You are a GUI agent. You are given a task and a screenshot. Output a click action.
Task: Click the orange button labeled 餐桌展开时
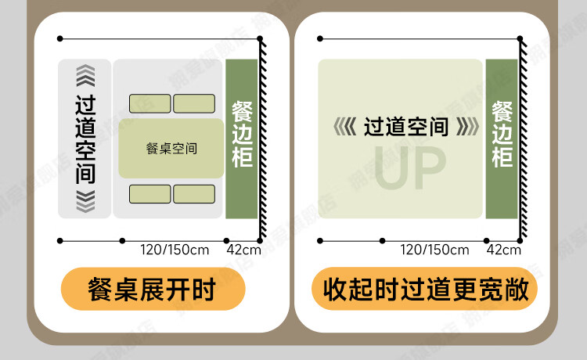click(x=153, y=290)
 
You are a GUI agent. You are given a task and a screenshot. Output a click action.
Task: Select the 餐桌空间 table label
click(x=171, y=149)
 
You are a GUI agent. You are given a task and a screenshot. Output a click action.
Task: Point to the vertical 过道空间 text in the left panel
click(x=85, y=139)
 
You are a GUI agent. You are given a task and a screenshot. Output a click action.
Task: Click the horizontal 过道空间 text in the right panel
click(x=406, y=126)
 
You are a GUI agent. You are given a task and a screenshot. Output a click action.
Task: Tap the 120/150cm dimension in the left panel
click(x=175, y=250)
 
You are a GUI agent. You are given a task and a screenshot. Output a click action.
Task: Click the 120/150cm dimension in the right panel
click(x=435, y=250)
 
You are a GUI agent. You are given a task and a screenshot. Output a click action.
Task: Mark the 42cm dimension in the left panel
click(x=243, y=250)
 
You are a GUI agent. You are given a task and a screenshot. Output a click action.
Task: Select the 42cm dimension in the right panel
click(x=503, y=250)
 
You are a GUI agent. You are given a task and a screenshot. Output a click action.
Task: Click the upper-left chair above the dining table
click(x=149, y=103)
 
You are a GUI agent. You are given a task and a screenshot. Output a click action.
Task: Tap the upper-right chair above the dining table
click(x=193, y=103)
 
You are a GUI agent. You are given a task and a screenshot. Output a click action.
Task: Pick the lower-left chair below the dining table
click(x=149, y=194)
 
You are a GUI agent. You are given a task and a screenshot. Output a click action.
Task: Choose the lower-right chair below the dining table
click(x=193, y=194)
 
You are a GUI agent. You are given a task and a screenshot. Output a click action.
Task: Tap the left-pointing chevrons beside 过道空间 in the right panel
click(x=344, y=126)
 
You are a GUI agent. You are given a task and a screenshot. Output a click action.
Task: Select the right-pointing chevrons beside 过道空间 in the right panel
click(x=467, y=126)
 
